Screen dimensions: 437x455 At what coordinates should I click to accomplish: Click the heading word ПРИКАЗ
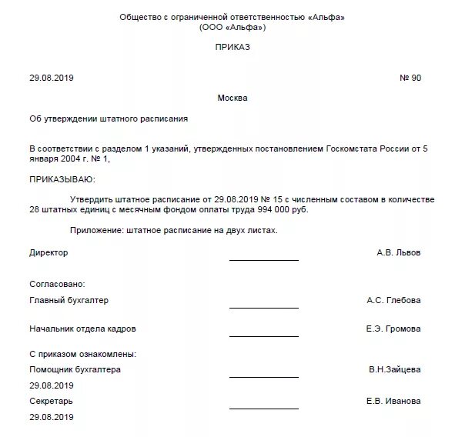tap(233, 48)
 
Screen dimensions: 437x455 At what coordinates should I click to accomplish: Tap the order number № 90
tap(410, 78)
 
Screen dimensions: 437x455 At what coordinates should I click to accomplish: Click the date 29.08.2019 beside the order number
tap(52, 78)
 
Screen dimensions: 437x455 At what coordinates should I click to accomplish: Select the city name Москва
tap(233, 98)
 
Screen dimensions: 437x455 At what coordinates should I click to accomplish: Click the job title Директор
tap(49, 252)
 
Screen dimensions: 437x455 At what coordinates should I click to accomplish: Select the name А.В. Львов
tap(399, 252)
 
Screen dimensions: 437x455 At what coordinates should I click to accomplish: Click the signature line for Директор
tap(263, 260)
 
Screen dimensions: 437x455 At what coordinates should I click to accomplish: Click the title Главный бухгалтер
tap(69, 300)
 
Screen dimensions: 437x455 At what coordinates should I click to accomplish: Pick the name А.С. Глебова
tap(393, 300)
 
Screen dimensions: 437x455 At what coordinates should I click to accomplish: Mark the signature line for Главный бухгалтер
tap(263, 308)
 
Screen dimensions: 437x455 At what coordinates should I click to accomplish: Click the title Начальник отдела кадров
tap(82, 329)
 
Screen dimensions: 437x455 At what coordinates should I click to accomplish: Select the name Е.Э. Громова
tap(393, 329)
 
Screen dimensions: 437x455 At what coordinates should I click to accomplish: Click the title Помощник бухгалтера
tap(75, 369)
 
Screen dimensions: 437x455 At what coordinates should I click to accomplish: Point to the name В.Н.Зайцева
tap(394, 369)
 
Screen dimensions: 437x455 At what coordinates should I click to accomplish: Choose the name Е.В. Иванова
tap(393, 401)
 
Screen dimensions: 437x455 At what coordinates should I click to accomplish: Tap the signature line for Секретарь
tap(263, 409)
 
